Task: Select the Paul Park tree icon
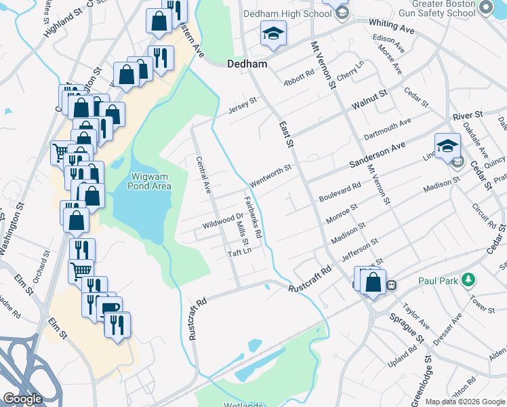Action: [x=467, y=279]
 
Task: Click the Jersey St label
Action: [x=243, y=106]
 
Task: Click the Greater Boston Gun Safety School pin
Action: [x=485, y=7]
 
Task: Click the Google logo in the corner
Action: [x=22, y=398]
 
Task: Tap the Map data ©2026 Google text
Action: [x=466, y=402]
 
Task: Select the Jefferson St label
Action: [x=359, y=249]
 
